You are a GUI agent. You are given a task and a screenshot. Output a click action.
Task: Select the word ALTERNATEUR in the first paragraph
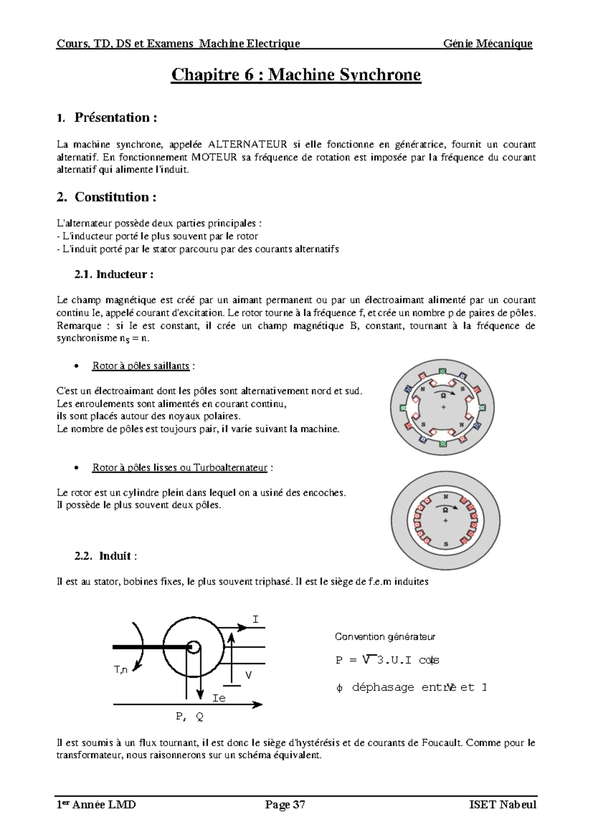click(x=248, y=145)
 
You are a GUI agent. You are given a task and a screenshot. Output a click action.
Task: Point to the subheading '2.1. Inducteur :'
click(x=114, y=274)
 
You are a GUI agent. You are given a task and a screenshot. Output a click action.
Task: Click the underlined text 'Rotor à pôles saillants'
click(x=140, y=366)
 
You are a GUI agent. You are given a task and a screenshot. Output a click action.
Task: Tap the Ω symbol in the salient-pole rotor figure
click(x=443, y=396)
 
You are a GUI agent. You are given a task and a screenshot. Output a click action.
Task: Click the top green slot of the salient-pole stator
click(x=443, y=371)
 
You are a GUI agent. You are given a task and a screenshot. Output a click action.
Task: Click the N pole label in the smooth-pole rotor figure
click(x=446, y=497)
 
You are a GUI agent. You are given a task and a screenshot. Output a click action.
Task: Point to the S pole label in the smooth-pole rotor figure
click(x=446, y=544)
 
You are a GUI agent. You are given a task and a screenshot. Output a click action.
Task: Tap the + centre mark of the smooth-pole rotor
click(x=446, y=521)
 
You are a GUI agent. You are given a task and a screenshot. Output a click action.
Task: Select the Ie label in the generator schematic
click(x=219, y=698)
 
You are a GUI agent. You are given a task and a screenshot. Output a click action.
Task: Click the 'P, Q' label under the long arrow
click(x=190, y=717)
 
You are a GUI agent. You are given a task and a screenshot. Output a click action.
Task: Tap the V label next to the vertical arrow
click(x=249, y=675)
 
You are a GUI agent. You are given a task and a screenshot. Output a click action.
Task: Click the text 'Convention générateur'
click(x=384, y=637)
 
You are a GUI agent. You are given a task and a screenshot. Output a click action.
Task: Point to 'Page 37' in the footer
click(x=285, y=805)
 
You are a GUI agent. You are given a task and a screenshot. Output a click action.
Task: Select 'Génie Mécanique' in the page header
click(x=487, y=43)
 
